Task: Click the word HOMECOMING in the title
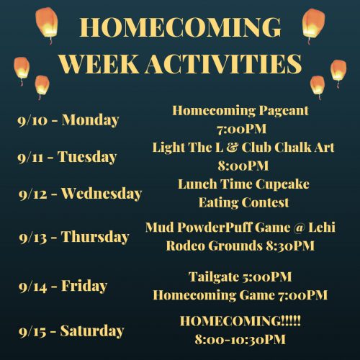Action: pos(180,27)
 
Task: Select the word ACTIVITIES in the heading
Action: pos(224,64)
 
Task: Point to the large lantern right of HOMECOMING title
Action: pos(313,26)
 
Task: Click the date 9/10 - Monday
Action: pos(68,120)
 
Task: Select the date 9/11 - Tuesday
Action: pos(67,157)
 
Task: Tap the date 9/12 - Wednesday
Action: pos(81,194)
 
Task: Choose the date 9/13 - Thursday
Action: pos(74,237)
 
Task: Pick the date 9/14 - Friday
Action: pos(63,286)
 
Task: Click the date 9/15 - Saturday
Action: pos(71,330)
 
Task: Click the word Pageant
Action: pos(284,111)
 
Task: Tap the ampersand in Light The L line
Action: pos(231,147)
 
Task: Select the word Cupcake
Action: pos(282,184)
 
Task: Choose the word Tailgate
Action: pos(212,277)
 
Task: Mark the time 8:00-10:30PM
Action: pos(240,339)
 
